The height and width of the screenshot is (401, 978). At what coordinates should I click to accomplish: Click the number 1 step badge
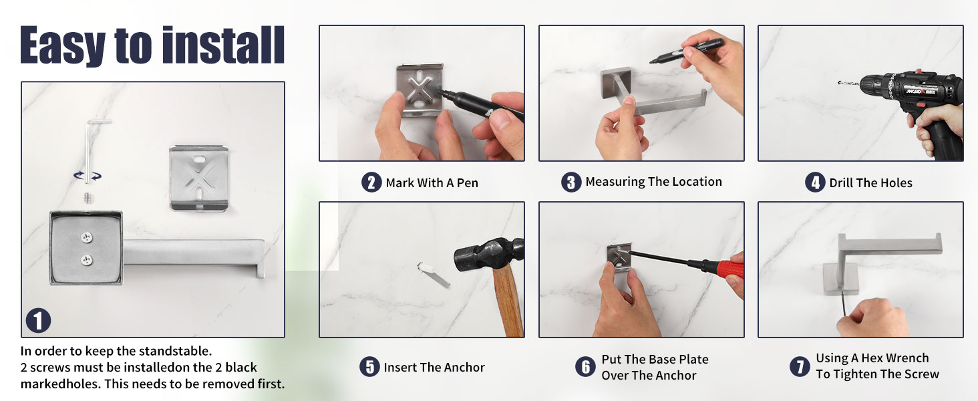coord(39,321)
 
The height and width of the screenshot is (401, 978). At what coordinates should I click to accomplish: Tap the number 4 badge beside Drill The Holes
coord(815,182)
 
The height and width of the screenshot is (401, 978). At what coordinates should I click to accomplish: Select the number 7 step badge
coord(800,366)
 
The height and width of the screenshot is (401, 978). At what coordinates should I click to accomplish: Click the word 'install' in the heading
coord(223,45)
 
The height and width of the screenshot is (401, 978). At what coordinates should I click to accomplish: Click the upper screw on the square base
coord(86,237)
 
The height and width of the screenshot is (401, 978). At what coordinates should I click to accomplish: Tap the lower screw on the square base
coord(86,261)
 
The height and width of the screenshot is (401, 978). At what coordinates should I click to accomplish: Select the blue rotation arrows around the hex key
coord(88,176)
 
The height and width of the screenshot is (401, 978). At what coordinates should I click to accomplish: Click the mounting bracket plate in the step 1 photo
coord(199,178)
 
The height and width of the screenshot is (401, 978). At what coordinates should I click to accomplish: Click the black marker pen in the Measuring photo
coord(686,51)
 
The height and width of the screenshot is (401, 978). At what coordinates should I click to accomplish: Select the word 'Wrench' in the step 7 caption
coord(907,358)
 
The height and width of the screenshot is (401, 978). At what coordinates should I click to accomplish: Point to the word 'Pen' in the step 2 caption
coord(467,182)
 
